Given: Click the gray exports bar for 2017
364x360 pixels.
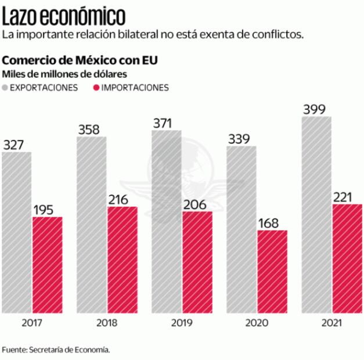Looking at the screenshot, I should point(17,232).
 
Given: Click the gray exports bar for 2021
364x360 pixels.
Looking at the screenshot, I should point(316,215).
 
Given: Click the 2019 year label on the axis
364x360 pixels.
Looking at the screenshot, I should point(182,323).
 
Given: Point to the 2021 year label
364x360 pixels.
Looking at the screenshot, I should point(331,323).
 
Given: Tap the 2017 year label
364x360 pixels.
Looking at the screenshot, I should point(32,323).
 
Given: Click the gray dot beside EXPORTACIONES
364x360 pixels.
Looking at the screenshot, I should point(6,88).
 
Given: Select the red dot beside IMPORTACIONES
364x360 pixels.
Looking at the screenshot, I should point(96,88).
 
